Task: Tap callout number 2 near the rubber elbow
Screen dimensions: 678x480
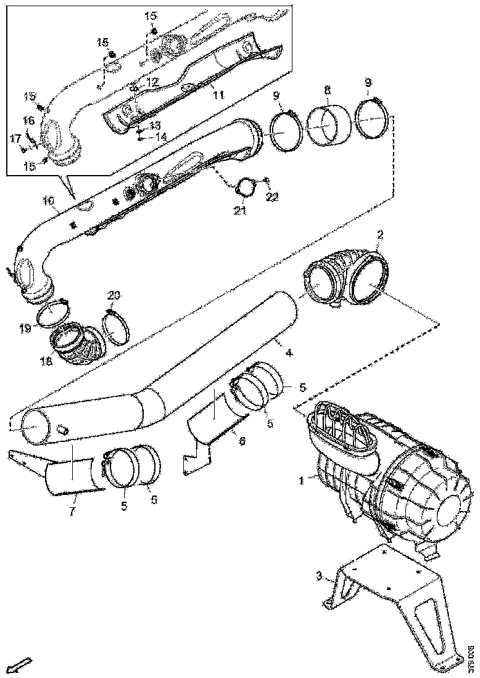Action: point(381,235)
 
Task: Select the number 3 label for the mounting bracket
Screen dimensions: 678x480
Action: point(319,576)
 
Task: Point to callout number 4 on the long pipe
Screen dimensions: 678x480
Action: point(289,354)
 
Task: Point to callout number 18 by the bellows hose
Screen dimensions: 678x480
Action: point(47,361)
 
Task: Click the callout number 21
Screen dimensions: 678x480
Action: point(239,211)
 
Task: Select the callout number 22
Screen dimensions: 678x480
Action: point(272,197)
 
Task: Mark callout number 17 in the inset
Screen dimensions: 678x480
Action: point(15,140)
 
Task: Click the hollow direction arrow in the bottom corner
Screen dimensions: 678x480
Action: point(22,664)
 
